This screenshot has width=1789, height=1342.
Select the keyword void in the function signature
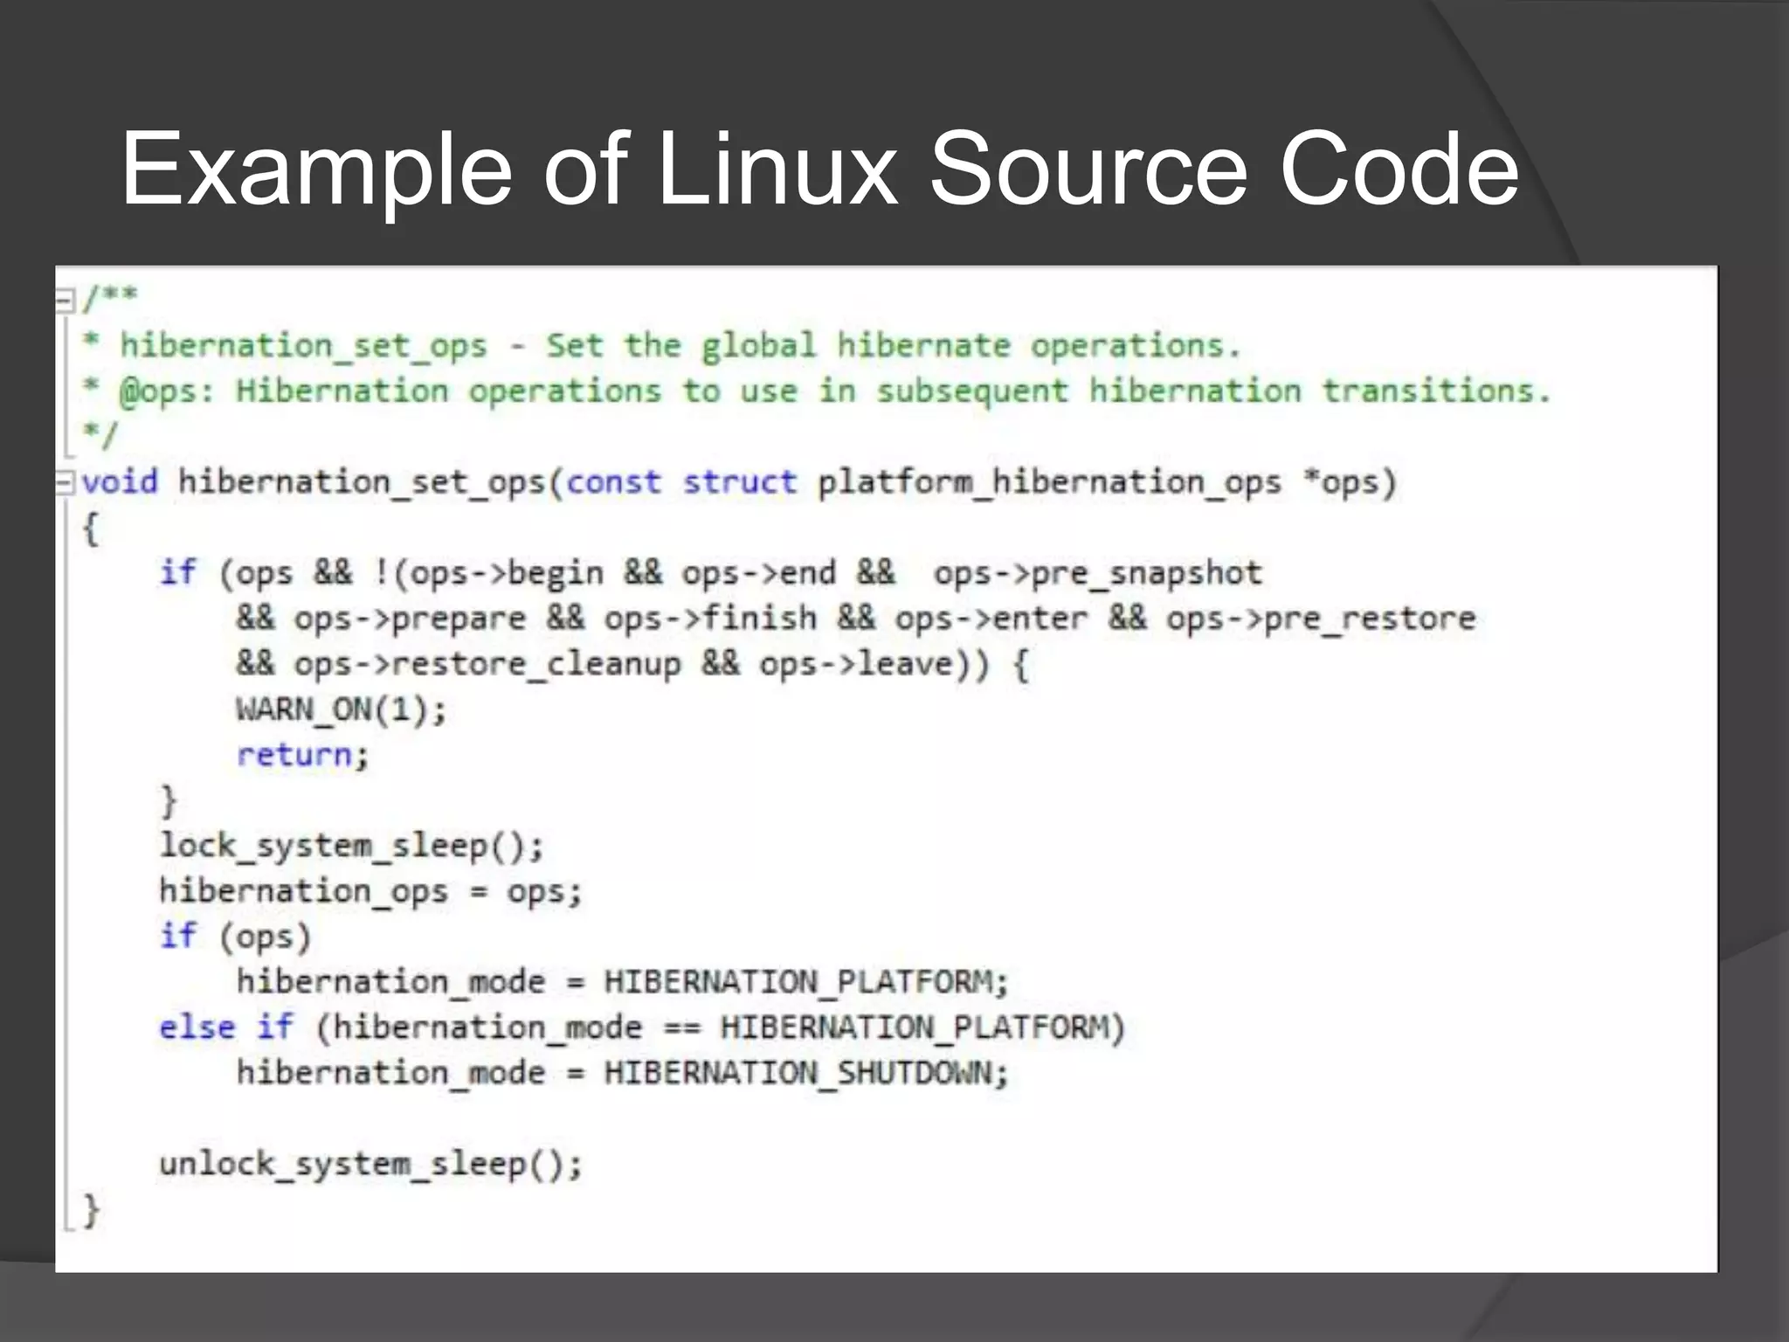point(120,481)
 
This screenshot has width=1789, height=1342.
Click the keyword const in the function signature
point(613,481)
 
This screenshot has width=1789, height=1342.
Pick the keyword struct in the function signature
point(739,481)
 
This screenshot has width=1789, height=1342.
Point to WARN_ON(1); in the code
point(341,709)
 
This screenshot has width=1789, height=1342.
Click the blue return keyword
point(294,754)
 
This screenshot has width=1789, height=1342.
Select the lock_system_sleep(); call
point(351,846)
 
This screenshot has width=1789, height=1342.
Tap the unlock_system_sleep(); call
point(370,1164)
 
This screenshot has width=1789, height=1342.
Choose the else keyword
point(197,1027)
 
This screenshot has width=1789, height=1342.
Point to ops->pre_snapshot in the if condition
point(1097,573)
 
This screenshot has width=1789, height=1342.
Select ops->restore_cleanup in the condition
point(487,664)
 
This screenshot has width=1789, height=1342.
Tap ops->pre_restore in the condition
point(1320,619)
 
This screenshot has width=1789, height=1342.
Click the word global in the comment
point(758,345)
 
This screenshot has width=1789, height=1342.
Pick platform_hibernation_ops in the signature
point(1048,481)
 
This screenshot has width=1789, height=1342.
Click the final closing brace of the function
point(91,1210)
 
